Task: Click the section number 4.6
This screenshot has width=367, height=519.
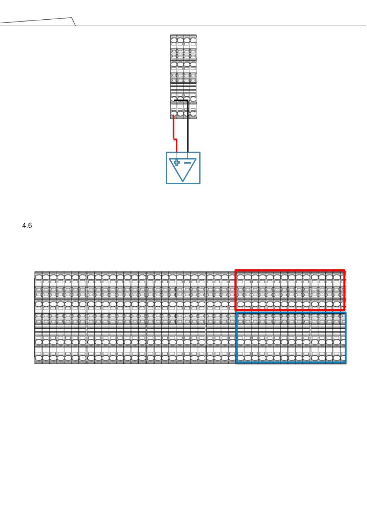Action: coord(27,226)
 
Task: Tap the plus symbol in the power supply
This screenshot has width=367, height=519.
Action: coord(177,162)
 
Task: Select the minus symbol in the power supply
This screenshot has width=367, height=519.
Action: coord(187,162)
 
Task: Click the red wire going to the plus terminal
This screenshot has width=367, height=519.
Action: coord(174,127)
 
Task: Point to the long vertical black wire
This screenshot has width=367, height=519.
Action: coord(188,127)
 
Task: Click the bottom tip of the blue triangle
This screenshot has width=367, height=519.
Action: coord(183,181)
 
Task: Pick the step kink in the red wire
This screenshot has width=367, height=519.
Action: coord(175,139)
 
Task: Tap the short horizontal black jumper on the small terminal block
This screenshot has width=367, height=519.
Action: coord(181,100)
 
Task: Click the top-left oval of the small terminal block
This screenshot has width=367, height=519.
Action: coord(174,40)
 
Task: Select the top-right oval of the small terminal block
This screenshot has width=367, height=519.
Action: coord(193,40)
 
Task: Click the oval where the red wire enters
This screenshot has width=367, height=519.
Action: coord(174,114)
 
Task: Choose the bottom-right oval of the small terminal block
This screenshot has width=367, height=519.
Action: coord(193,114)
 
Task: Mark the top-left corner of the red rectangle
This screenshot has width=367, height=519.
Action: coord(236,270)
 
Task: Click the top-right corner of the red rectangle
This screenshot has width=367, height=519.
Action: coord(344,270)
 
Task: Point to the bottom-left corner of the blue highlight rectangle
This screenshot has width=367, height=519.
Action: coord(236,362)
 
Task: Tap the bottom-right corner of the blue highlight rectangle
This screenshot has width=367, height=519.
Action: coord(345,362)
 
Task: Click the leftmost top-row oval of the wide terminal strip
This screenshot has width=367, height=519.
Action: coord(39,277)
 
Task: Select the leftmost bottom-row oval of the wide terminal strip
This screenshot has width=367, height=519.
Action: coord(39,358)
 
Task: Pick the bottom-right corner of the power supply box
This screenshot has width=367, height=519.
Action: coord(200,183)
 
